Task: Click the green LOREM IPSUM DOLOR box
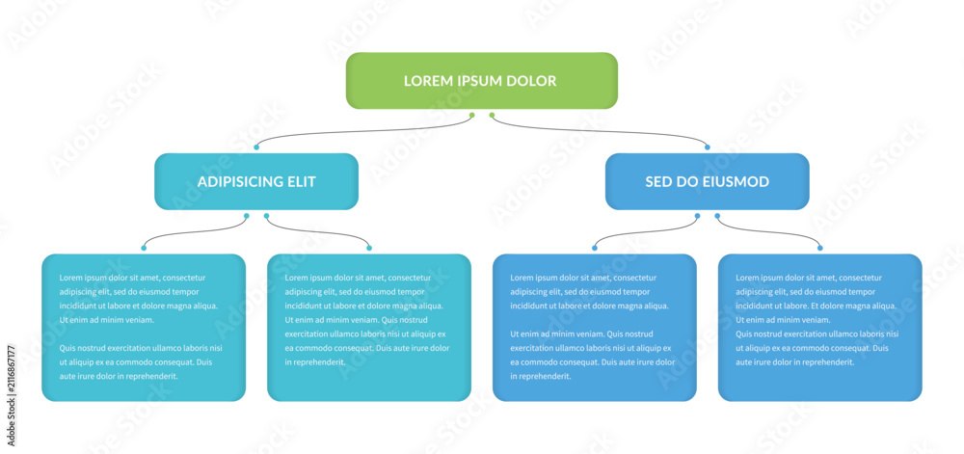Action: coord(481,80)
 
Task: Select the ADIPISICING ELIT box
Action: coord(256,181)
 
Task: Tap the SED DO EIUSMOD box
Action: coord(707,181)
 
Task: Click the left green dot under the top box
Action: coord(471,115)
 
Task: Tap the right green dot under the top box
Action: coord(492,115)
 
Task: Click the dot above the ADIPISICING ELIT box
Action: coord(256,147)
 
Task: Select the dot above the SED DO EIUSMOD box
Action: coord(707,147)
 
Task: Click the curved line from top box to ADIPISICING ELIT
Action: coord(362,131)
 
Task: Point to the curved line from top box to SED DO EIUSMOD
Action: coord(600,131)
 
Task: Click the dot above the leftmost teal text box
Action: coord(144,248)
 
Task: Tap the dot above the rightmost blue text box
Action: coord(820,248)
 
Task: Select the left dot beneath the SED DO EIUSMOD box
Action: coord(697,216)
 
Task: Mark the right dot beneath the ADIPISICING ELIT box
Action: coord(266,216)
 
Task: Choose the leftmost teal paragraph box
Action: coord(144,328)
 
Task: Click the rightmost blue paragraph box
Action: coord(820,328)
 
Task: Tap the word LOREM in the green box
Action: coord(426,80)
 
